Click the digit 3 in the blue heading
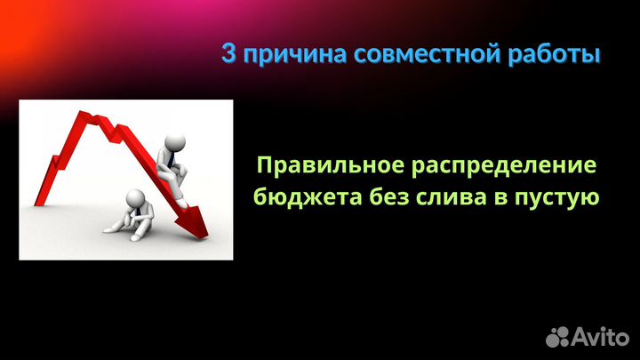click(228, 55)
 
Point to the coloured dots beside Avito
click(558, 335)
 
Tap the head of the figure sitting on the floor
click(135, 197)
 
